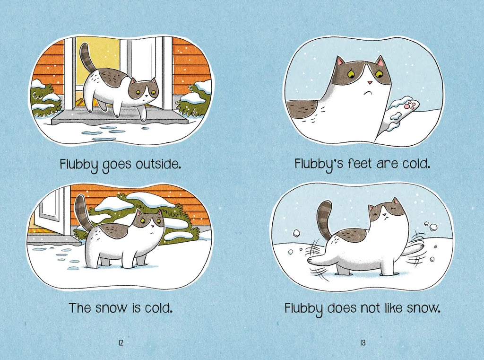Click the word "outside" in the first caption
pos(157,164)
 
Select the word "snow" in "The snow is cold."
pos(111,308)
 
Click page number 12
pos(121,342)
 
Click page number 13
pos(363,342)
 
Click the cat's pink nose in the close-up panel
pos(370,82)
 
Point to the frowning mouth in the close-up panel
pos(367,92)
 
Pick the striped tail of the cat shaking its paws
pos(325,220)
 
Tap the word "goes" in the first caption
pos(117,165)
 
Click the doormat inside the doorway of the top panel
pos(89,102)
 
